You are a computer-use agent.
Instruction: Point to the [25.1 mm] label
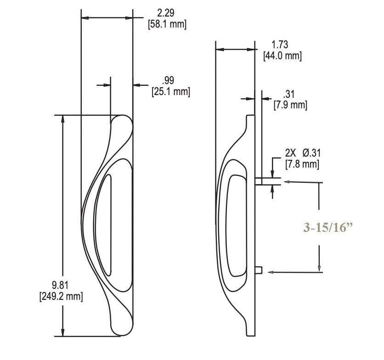(x=170, y=91)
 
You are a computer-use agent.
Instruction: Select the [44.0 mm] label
(x=282, y=56)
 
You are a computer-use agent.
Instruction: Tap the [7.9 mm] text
(x=290, y=105)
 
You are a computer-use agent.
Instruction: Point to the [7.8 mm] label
(x=302, y=163)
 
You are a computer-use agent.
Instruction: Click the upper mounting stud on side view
(x=259, y=181)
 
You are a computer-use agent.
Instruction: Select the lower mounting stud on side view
(x=259, y=270)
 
